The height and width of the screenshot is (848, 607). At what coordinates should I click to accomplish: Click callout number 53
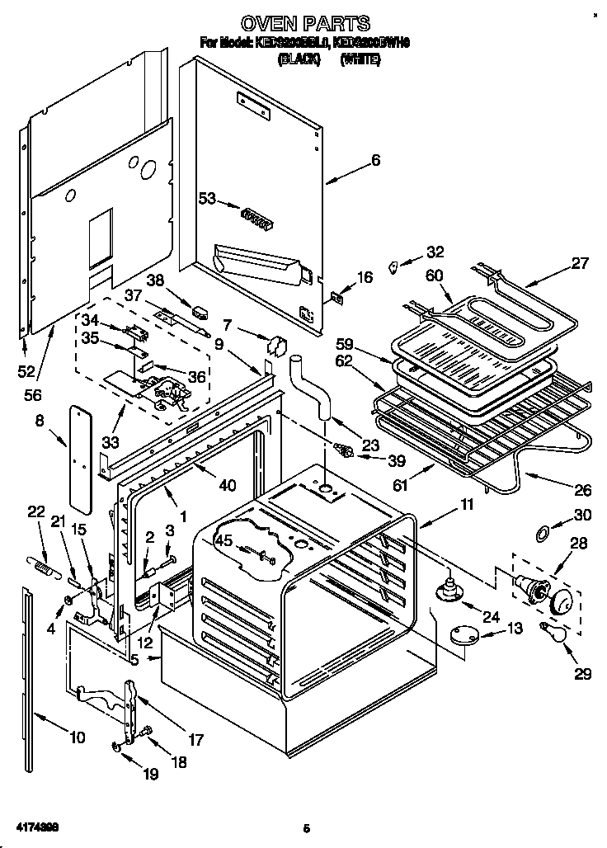point(206,198)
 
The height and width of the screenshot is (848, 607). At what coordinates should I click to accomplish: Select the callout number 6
point(375,161)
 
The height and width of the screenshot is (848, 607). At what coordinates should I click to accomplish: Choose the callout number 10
point(77,737)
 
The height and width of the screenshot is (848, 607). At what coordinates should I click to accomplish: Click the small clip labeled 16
point(336,299)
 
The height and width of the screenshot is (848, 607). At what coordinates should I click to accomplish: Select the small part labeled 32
point(394,266)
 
